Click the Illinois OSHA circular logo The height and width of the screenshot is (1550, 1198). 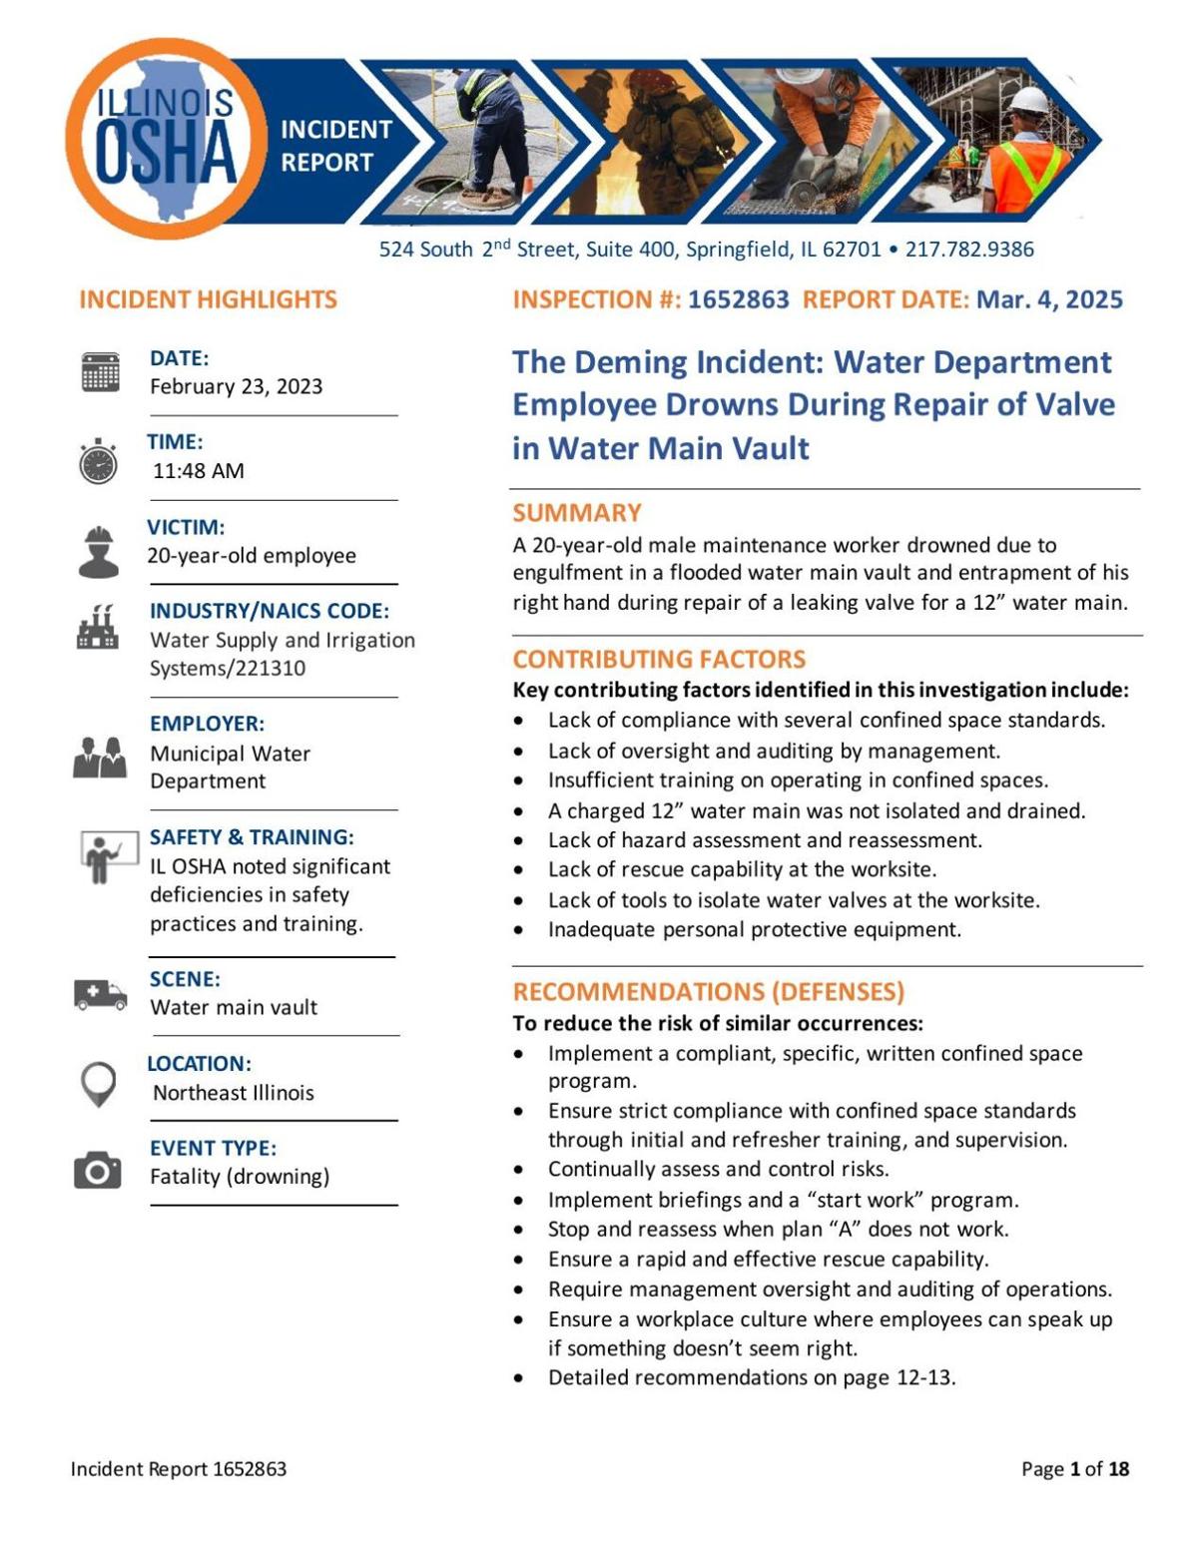coord(166,139)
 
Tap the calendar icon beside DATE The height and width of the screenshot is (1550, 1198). coord(100,372)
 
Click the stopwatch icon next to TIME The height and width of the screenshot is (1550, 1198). coord(98,462)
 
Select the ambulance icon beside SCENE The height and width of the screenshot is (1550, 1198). coord(100,994)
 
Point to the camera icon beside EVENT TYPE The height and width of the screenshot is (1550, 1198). coord(98,1170)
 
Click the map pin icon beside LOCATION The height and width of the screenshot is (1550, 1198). coord(98,1084)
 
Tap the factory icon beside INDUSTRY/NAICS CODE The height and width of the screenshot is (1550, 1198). coord(98,628)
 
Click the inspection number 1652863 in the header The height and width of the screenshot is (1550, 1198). coord(738,299)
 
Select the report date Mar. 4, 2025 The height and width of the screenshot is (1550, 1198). coord(1049,299)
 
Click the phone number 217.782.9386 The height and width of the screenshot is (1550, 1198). coord(969,250)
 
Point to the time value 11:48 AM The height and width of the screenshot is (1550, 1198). coord(199,471)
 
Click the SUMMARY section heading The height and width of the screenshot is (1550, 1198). coord(577,513)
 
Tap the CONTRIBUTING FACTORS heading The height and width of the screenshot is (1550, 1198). coord(659,659)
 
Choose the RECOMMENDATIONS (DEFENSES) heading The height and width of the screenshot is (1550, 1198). coord(709,991)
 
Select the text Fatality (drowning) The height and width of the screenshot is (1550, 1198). coord(240,1177)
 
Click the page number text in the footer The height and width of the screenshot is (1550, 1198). coord(1075,1468)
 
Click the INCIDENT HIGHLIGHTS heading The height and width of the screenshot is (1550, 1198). coord(208,299)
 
